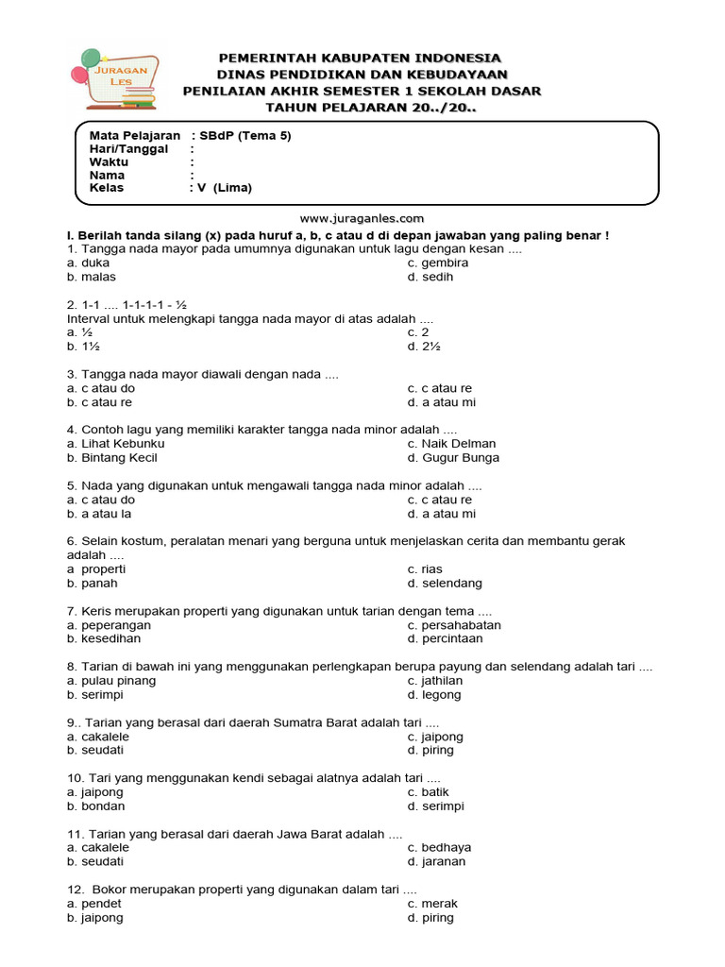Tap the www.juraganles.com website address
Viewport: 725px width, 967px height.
pyautogui.click(x=362, y=218)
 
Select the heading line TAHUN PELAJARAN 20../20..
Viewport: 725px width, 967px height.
pyautogui.click(x=362, y=108)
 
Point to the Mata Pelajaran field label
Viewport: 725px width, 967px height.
pyautogui.click(x=134, y=135)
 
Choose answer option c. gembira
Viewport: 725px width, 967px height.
pyautogui.click(x=438, y=263)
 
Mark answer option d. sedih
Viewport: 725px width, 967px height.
pyautogui.click(x=430, y=277)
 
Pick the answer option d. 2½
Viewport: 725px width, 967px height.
pyautogui.click(x=424, y=347)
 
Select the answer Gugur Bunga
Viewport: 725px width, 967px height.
pyautogui.click(x=454, y=458)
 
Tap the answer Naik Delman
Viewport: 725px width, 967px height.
pyautogui.click(x=451, y=444)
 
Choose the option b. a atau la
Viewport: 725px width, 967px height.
pyautogui.click(x=100, y=514)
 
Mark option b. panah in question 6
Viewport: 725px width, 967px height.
pyautogui.click(x=93, y=584)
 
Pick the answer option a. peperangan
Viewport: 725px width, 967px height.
pyautogui.click(x=109, y=625)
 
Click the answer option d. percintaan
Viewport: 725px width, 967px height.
pyautogui.click(x=447, y=638)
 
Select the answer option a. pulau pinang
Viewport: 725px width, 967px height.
pyautogui.click(x=111, y=681)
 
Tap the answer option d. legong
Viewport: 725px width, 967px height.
pyautogui.click(x=434, y=695)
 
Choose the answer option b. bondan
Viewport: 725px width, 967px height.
pyautogui.click(x=95, y=806)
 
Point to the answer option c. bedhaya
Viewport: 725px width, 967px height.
pyautogui.click(x=439, y=848)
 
